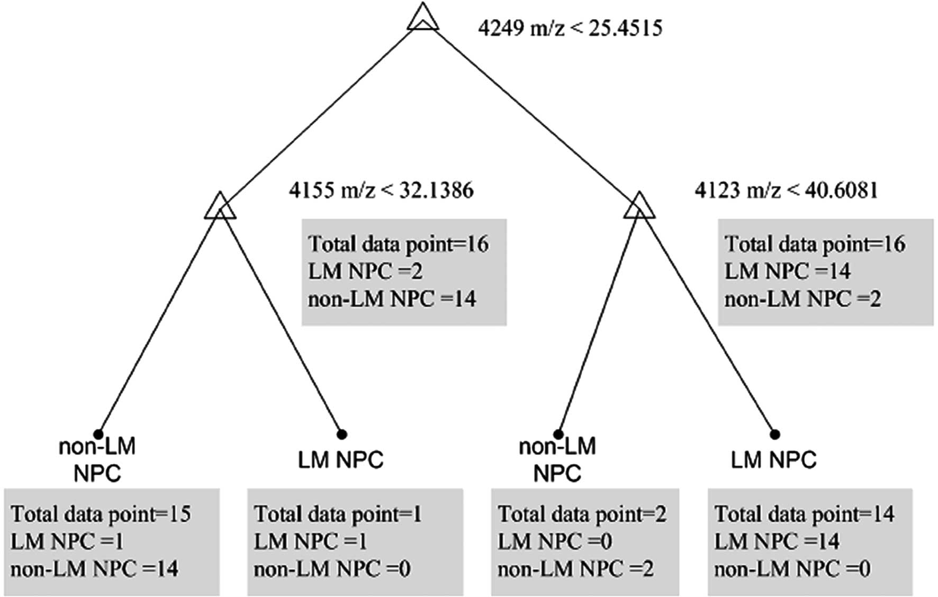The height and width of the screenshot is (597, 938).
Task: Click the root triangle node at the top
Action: pyautogui.click(x=423, y=18)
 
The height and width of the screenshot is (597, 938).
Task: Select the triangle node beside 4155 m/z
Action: pyautogui.click(x=220, y=206)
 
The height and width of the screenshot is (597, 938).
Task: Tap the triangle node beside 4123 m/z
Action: pyautogui.click(x=639, y=206)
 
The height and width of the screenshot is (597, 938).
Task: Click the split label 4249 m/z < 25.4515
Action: pyautogui.click(x=570, y=28)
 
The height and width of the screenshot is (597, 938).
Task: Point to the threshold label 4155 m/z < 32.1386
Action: pyautogui.click(x=381, y=190)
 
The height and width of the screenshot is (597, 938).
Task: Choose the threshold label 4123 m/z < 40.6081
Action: pyautogui.click(x=786, y=190)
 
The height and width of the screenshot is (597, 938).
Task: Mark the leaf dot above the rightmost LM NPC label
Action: pyautogui.click(x=775, y=435)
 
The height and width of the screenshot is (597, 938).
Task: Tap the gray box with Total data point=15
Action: pyautogui.click(x=112, y=541)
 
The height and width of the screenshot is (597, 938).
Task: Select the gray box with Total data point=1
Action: pyautogui.click(x=355, y=541)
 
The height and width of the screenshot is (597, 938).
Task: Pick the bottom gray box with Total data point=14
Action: pyautogui.click(x=810, y=541)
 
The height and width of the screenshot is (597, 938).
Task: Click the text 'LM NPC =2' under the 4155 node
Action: pyautogui.click(x=365, y=272)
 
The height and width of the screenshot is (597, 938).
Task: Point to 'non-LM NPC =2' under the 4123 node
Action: pyautogui.click(x=802, y=300)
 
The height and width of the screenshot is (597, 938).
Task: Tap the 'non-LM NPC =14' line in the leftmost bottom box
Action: pyautogui.click(x=94, y=569)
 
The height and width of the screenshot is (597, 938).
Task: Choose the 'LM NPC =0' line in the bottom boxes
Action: pyautogui.click(x=555, y=541)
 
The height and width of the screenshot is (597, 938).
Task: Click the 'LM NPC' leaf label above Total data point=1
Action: pyautogui.click(x=340, y=460)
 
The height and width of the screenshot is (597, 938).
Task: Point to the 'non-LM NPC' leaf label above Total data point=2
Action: pyautogui.click(x=557, y=459)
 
